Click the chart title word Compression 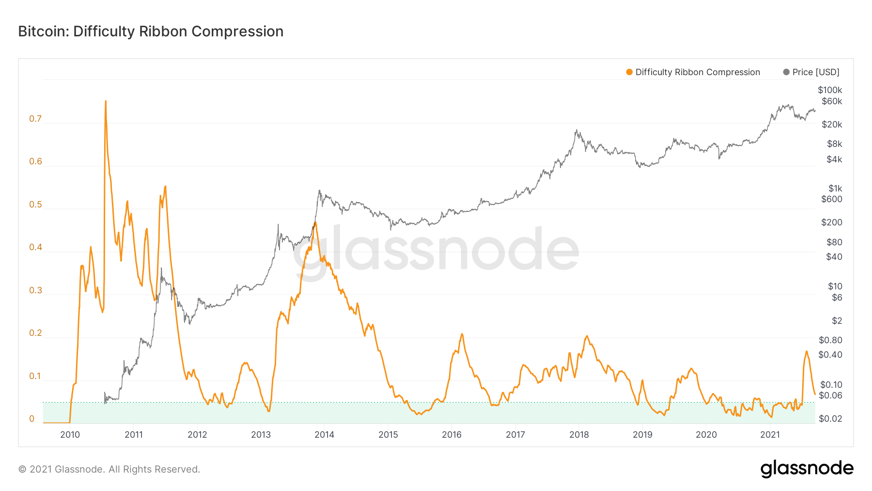[x=237, y=32]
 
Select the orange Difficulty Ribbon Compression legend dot [x=629, y=72]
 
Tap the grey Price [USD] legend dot [x=786, y=72]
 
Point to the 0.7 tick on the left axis [x=35, y=119]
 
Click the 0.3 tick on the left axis [x=35, y=290]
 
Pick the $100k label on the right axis [x=830, y=90]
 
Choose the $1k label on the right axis [x=835, y=189]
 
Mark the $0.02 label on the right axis [x=830, y=419]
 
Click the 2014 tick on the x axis [x=325, y=435]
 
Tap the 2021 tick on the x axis [x=770, y=435]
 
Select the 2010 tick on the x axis [x=70, y=435]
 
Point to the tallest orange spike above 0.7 [x=106, y=101]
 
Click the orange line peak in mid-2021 [x=807, y=351]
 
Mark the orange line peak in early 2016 [x=462, y=334]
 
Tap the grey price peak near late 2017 [x=576, y=130]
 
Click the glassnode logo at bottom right [x=807, y=469]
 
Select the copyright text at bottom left [x=109, y=469]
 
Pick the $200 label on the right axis [x=832, y=222]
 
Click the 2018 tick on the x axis [x=579, y=435]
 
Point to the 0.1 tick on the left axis [x=35, y=376]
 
